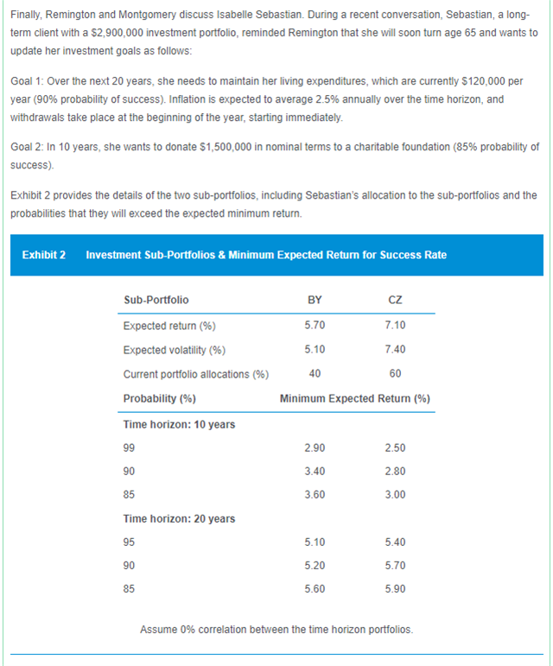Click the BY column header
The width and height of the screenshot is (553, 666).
coord(315,300)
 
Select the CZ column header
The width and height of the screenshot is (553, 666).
coord(396,300)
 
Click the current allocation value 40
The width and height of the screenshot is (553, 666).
coord(315,374)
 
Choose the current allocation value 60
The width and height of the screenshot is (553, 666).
coord(396,374)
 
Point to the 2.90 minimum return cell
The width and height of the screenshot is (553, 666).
coord(315,448)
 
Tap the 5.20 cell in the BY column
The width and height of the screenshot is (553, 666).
coord(315,566)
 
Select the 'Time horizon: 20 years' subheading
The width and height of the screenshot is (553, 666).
coord(180,518)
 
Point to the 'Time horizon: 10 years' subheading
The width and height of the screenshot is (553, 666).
coord(180,424)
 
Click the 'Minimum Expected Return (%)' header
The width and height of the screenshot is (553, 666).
coord(355,398)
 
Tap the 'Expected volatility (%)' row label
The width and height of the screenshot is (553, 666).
coord(175,350)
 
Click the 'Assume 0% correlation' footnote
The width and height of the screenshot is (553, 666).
coord(276,628)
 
